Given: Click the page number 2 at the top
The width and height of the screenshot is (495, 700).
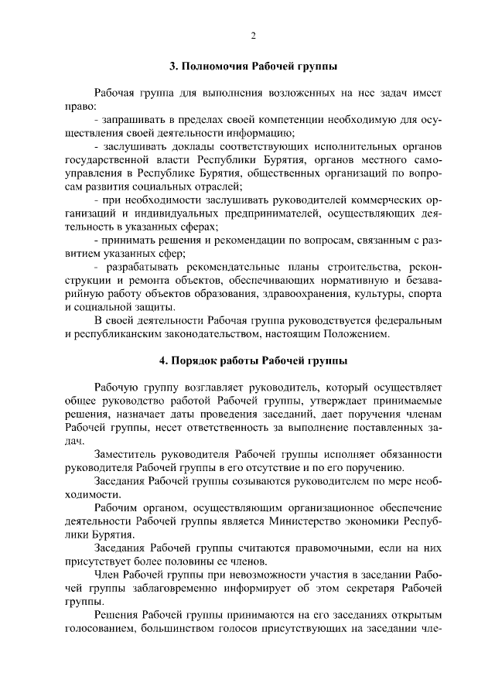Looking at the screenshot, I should (253, 36).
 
